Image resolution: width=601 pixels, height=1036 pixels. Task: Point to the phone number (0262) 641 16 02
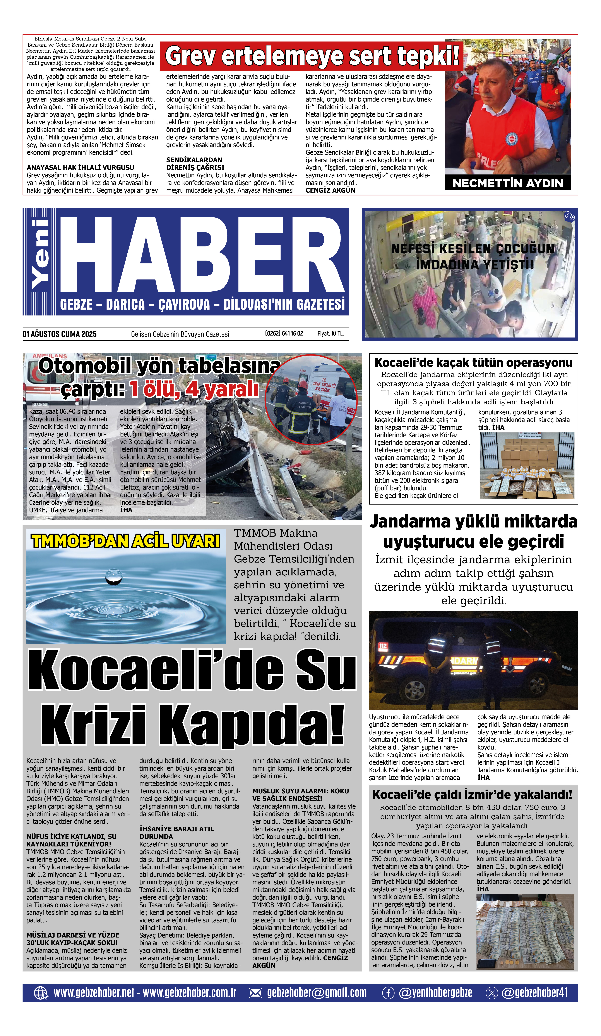[284, 333]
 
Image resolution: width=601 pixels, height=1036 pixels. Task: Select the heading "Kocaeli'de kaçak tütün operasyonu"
[473, 363]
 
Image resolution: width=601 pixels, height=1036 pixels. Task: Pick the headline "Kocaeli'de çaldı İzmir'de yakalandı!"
[472, 795]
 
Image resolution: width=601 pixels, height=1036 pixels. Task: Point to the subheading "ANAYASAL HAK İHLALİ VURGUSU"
[80, 168]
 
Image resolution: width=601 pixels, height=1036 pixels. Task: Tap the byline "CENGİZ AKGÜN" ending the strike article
[330, 190]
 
